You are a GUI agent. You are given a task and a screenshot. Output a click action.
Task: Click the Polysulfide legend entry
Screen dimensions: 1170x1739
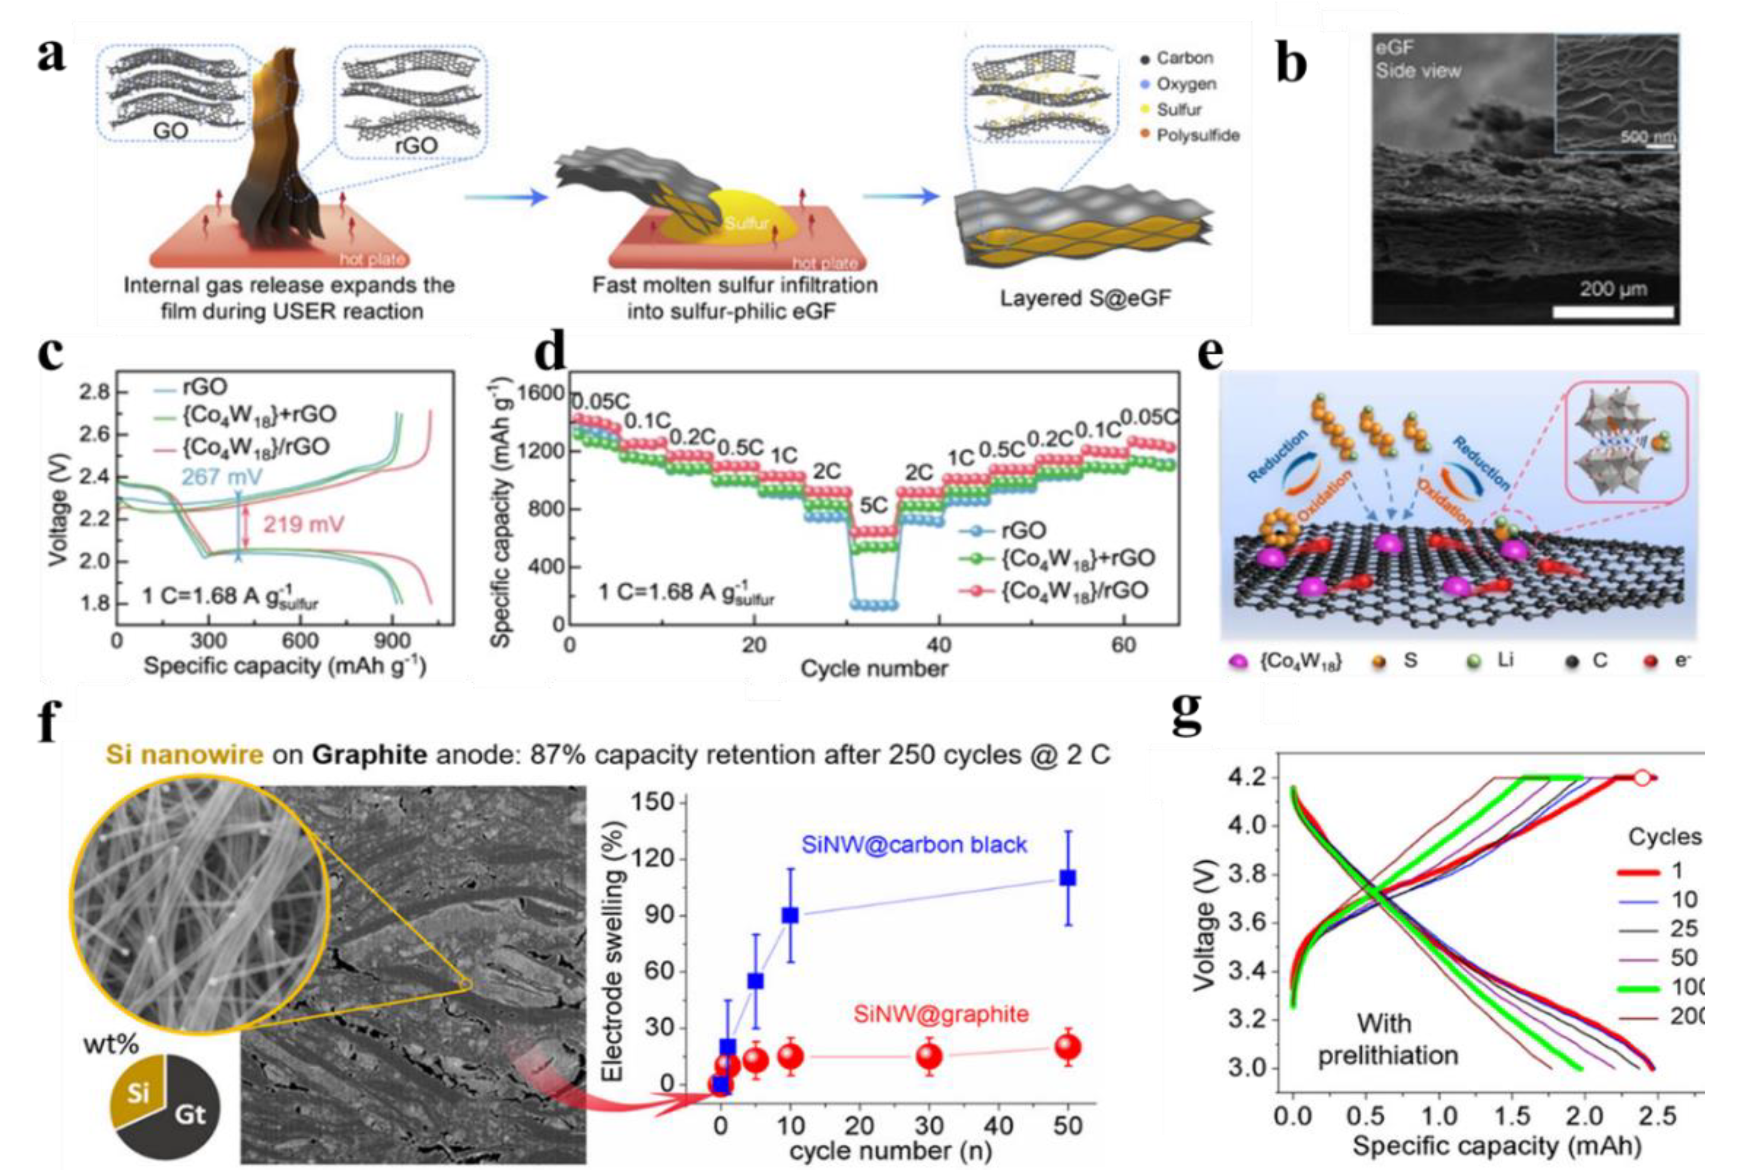[1197, 136]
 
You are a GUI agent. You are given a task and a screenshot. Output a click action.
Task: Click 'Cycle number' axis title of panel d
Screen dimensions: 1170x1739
[874, 668]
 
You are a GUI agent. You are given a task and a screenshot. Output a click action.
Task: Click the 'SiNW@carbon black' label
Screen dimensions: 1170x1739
[914, 845]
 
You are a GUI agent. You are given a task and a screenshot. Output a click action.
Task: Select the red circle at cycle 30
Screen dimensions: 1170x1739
[929, 1056]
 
